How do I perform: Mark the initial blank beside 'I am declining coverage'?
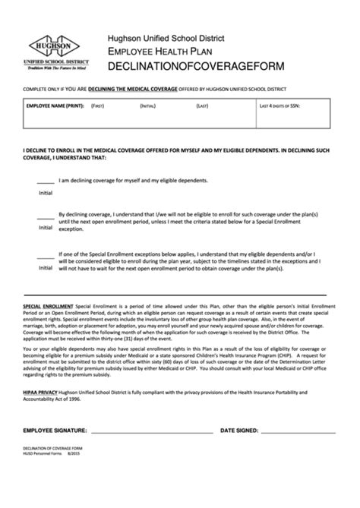(46, 182)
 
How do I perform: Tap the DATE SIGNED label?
(238, 431)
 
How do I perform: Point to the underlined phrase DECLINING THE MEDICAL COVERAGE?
(134, 89)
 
